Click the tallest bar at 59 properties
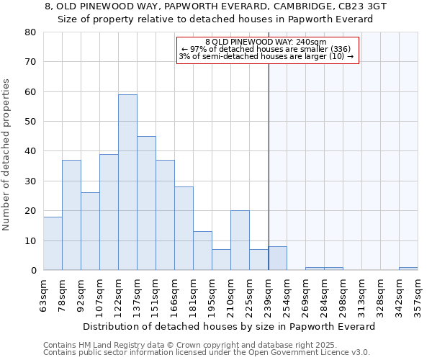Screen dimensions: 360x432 tap(127, 182)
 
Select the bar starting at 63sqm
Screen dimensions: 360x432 tap(53, 243)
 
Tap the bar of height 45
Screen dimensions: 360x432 tap(146, 203)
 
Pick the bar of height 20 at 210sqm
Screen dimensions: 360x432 tap(240, 240)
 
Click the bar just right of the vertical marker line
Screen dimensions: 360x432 tap(277, 258)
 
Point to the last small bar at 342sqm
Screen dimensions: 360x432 tap(408, 269)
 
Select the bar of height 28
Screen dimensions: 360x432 tap(184, 228)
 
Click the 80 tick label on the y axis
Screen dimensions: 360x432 tap(30, 32)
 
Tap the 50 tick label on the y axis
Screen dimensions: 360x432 tap(30, 122)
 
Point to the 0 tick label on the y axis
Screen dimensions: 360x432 tap(32, 271)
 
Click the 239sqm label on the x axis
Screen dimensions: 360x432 tap(269, 294)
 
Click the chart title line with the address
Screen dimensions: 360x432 tap(215, 6)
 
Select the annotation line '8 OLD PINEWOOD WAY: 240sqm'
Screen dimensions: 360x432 tap(266, 42)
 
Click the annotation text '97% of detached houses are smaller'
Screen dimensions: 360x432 tap(266, 49)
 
